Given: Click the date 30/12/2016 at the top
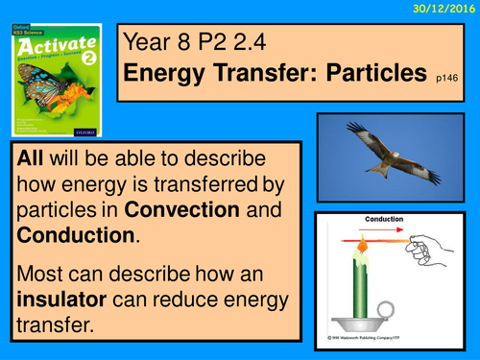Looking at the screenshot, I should coord(444,9).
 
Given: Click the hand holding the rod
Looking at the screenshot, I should coord(422,247).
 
